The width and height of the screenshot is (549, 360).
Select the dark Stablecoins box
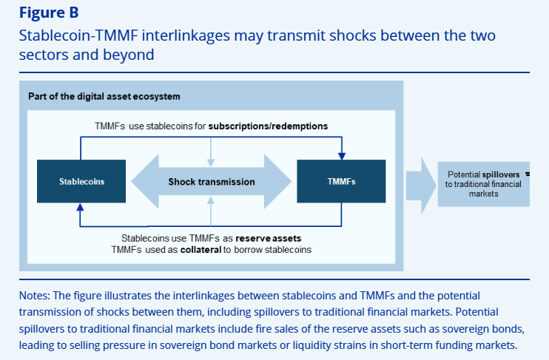[x=81, y=181]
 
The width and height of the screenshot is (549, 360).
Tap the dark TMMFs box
[x=340, y=181]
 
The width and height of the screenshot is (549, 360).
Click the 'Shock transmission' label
[x=212, y=181]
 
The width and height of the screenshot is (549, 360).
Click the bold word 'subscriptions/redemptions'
[x=268, y=126]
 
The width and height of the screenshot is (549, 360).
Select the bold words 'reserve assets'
[x=273, y=239]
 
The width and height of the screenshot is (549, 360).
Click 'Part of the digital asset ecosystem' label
[x=104, y=97]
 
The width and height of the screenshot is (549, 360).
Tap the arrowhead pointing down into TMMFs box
[x=341, y=156]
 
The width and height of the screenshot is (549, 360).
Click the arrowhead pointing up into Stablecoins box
[x=81, y=208]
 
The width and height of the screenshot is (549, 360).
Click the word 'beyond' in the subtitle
[x=134, y=55]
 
